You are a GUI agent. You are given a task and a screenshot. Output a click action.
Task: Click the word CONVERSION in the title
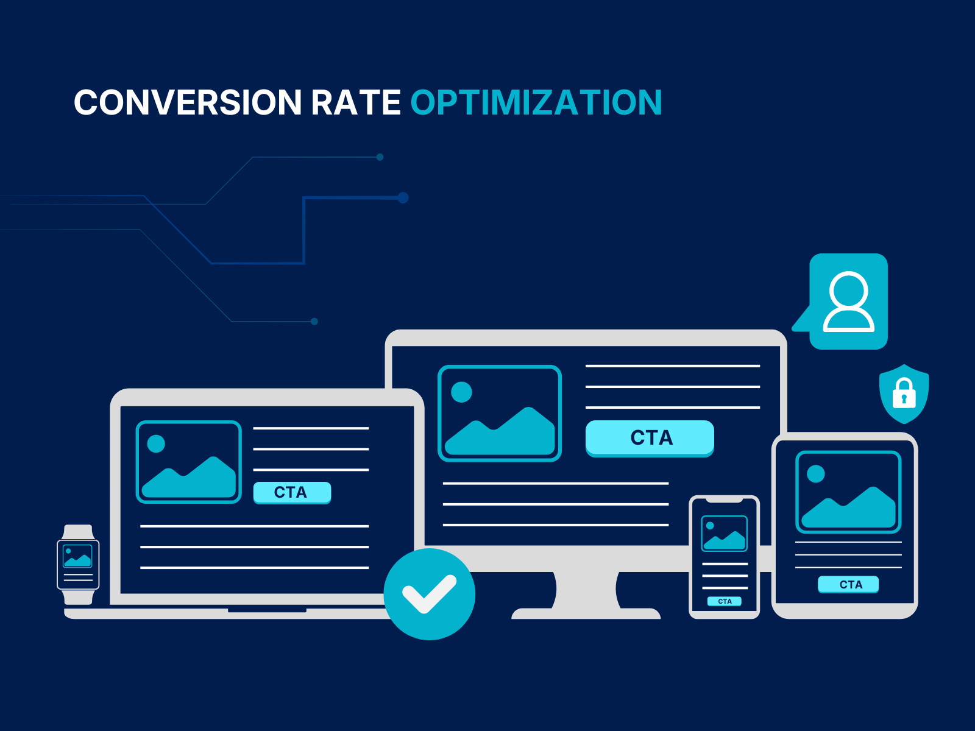[188, 102]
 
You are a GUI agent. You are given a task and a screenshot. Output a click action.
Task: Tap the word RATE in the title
[356, 102]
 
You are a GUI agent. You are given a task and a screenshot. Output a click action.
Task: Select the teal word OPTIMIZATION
[536, 102]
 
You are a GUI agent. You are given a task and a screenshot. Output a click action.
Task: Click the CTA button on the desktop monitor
[650, 438]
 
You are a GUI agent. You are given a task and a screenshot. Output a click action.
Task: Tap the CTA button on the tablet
[848, 584]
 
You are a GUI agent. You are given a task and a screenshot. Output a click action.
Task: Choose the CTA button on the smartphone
[724, 601]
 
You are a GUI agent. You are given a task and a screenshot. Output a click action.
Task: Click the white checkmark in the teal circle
[429, 593]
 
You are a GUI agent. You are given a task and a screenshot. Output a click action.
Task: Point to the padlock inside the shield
[904, 393]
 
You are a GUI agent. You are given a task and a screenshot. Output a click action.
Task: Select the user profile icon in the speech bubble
[848, 302]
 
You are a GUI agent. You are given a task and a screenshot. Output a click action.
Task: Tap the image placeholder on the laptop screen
[189, 462]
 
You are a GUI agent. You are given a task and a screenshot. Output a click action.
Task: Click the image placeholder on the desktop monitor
[500, 413]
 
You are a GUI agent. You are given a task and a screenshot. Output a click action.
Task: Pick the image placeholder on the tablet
[848, 492]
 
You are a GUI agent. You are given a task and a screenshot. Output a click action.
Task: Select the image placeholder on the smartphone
[724, 534]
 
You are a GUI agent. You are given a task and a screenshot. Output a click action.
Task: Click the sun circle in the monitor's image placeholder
[461, 392]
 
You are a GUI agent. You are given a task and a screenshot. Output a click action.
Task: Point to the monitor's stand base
[586, 613]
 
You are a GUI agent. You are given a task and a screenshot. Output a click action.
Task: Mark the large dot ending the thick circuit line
[403, 197]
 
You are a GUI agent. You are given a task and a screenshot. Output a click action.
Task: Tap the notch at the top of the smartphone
[725, 500]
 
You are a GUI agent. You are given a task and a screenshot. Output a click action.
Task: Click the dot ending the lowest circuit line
[314, 322]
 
